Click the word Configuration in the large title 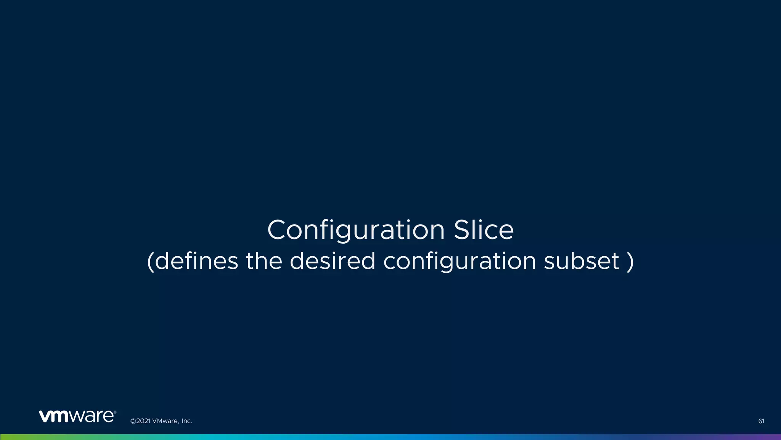[x=356, y=230]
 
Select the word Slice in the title [x=484, y=230]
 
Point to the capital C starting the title [x=277, y=230]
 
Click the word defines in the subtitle [x=197, y=261]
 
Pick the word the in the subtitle [x=264, y=261]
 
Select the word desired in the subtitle [x=333, y=261]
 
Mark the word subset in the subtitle [x=581, y=261]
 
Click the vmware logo [x=76, y=416]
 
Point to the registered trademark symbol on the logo [x=115, y=412]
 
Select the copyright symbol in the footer [x=133, y=421]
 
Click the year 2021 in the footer [x=143, y=421]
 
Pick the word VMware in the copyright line [x=165, y=421]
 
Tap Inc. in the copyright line [x=186, y=421]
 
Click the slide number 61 [x=761, y=421]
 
